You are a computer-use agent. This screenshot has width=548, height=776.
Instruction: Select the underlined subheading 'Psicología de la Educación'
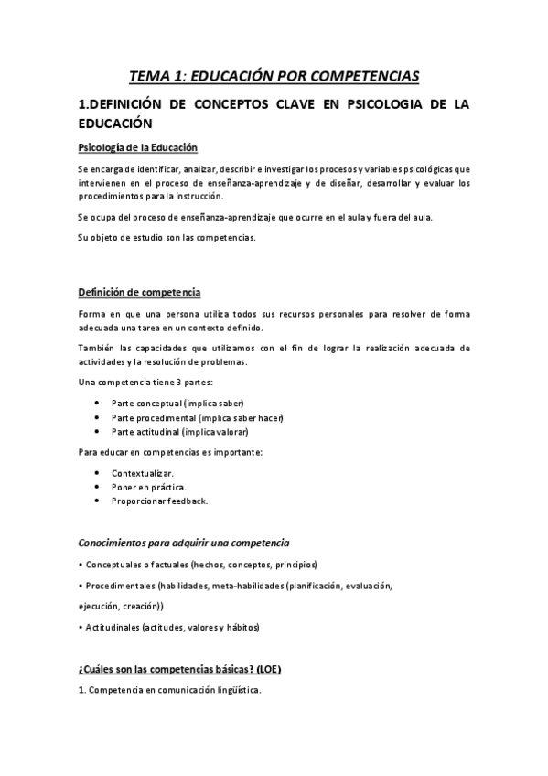pos(136,148)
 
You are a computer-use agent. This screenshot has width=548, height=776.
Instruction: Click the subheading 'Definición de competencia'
pos(139,292)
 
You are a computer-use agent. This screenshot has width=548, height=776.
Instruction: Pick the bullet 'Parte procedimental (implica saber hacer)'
pos(197,418)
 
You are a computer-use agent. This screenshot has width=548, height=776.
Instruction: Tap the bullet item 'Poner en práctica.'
pos(148,487)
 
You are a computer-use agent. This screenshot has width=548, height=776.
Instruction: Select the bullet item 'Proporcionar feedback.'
pos(159,501)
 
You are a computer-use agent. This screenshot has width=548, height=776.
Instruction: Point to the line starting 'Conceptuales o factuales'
pos(199,565)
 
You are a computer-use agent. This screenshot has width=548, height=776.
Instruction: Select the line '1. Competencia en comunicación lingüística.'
pos(170,691)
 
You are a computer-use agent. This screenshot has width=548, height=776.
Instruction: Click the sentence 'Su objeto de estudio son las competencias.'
pos(167,239)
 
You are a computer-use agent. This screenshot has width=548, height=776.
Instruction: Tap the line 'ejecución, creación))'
pos(121,606)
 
